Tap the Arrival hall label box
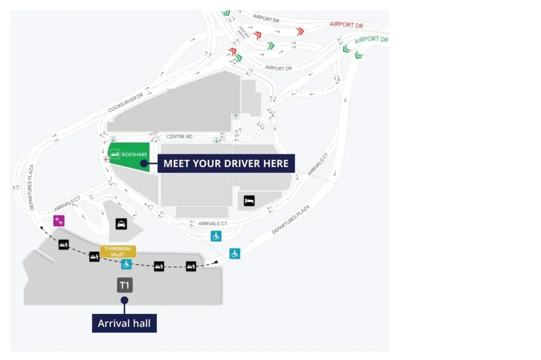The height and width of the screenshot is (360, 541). click(124, 322)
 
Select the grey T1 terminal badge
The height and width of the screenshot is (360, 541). click(125, 285)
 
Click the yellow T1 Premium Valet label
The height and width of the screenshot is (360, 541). click(118, 251)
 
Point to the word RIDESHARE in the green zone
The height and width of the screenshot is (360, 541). click(134, 154)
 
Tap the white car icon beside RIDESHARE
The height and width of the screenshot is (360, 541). click(115, 154)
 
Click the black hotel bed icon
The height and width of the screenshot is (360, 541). click(249, 200)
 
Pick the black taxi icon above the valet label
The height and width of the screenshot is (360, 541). click(121, 224)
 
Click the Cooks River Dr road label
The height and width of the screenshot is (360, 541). click(126, 102)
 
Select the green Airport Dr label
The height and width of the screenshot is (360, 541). click(371, 40)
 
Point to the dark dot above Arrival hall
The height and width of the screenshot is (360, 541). click(125, 300)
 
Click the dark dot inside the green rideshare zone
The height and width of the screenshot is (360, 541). click(143, 164)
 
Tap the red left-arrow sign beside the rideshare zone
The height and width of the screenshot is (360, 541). click(107, 159)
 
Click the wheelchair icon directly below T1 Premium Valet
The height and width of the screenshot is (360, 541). click(126, 264)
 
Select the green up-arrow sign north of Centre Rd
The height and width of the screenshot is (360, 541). click(236, 116)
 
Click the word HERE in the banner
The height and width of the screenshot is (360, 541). click(276, 163)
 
